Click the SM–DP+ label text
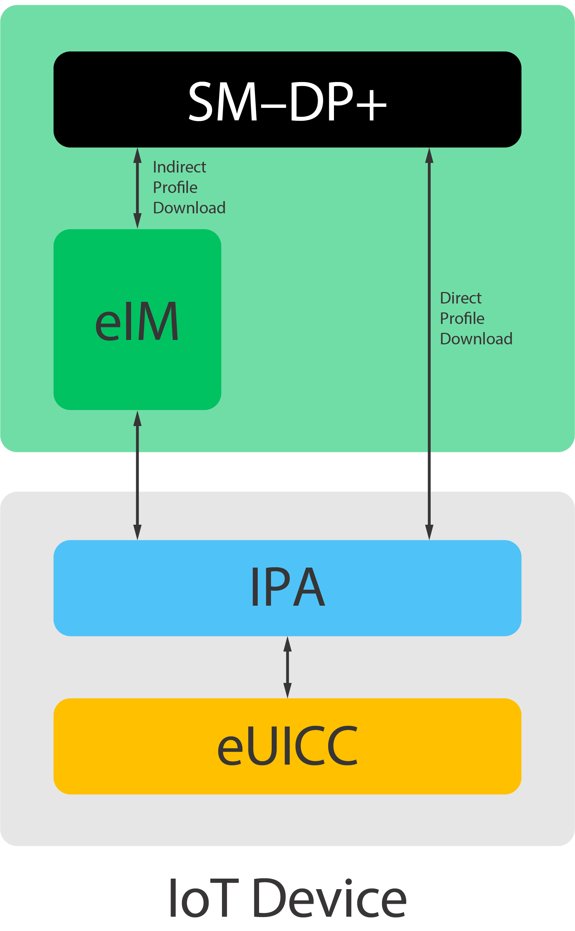pos(287,101)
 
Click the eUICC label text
pos(287,746)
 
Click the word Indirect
pos(179,167)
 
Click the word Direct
pos(461,298)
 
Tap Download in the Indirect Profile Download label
pos(189,208)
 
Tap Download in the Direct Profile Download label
pos(476,339)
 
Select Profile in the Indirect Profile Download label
pos(175,188)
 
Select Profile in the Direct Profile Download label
pos(462,319)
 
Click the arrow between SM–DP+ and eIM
pos(137,188)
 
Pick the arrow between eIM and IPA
pos(137,475)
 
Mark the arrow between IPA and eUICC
pos(287,667)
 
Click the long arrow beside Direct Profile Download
pos(429,380)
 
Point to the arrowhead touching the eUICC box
pos(287,690)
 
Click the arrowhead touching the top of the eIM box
pos(137,221)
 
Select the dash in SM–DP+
pos(273,107)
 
